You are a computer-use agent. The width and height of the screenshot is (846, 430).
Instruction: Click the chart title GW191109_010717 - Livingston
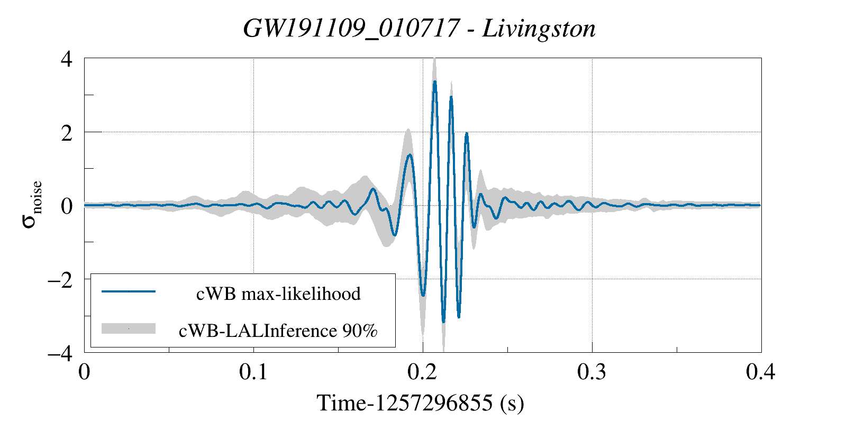(419, 29)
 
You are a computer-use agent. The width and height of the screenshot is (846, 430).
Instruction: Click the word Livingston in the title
(539, 29)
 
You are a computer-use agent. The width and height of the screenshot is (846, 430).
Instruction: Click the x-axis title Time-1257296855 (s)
(421, 403)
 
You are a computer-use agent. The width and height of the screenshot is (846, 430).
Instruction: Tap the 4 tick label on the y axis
(66, 59)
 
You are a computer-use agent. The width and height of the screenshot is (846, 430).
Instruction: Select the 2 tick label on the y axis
(66, 133)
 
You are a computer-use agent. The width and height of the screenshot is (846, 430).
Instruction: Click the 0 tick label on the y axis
(66, 206)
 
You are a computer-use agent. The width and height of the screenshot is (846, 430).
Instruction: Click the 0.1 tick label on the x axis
(253, 372)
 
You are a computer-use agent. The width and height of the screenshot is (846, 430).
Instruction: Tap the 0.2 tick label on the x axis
(423, 372)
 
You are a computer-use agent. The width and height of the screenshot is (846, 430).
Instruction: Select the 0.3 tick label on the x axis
(592, 372)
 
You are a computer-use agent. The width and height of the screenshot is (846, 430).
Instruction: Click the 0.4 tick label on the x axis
(761, 372)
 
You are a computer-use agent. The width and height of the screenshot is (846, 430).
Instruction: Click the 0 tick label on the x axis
(84, 372)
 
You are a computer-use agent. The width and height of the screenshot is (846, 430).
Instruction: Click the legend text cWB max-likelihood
(278, 294)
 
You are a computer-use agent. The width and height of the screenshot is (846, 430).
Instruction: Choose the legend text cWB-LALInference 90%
(278, 331)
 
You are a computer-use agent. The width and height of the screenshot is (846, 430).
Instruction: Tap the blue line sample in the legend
(129, 291)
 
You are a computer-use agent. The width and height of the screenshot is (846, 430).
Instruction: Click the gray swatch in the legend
(129, 328)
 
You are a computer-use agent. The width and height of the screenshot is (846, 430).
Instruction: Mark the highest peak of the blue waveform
(434, 81)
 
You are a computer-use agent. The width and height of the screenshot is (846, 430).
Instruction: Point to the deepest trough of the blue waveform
(443, 321)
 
